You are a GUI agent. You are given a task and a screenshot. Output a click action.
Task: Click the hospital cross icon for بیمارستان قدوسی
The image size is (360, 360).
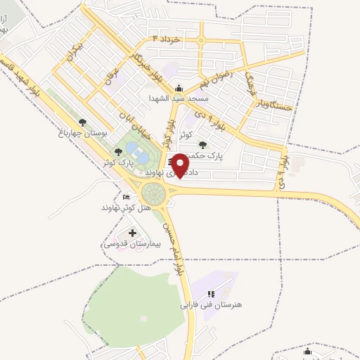point(132,232)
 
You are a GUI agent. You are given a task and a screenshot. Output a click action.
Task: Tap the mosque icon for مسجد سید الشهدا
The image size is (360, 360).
point(179,88)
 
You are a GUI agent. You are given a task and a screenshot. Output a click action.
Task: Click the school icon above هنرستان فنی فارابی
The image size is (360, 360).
point(211,294)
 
